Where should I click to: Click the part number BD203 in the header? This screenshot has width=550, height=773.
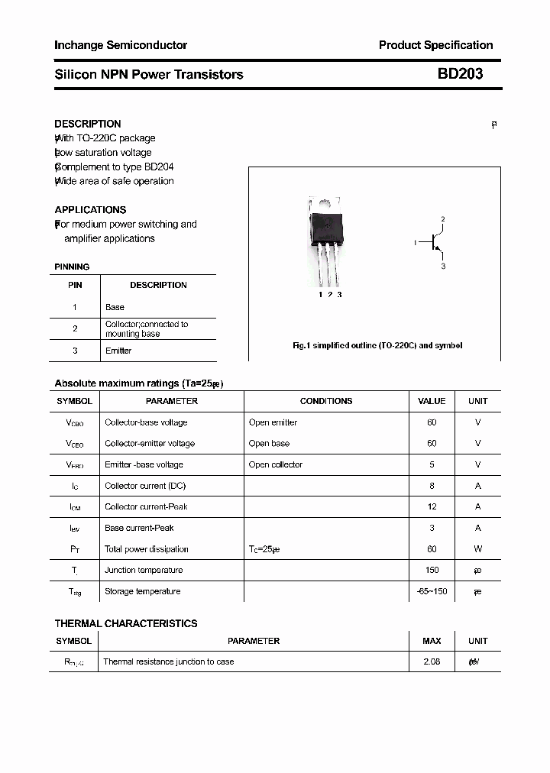point(460,74)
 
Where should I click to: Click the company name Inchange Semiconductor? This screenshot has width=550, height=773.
point(121,45)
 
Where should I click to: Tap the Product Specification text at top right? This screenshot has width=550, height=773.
point(435,45)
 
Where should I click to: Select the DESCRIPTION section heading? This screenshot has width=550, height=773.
point(88,124)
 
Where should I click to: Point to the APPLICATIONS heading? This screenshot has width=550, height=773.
point(90,209)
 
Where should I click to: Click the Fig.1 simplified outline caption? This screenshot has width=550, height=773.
point(377,345)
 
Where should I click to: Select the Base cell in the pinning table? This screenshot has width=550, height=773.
point(115,307)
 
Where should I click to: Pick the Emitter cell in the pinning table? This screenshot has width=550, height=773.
point(118,351)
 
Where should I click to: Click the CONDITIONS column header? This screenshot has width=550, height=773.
point(326,401)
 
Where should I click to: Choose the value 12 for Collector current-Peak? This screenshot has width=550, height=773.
point(432,506)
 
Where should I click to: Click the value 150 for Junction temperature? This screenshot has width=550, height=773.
point(432,570)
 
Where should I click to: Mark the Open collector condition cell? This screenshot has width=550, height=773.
point(276,464)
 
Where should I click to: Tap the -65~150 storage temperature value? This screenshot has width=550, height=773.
point(432,591)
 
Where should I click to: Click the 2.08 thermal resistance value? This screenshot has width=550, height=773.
point(432,661)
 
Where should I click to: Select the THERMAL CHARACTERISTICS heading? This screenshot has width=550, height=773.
point(126,623)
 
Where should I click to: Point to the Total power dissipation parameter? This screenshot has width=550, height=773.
point(147,549)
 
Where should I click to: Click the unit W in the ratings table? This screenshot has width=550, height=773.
point(477,549)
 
